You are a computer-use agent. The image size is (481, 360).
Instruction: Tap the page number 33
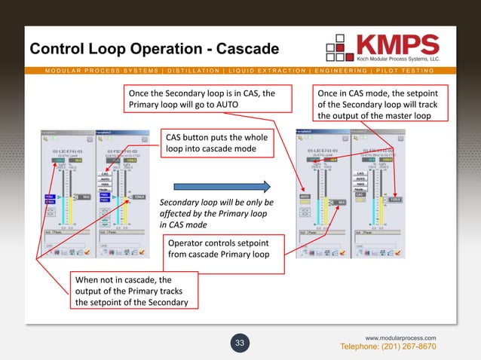click(x=240, y=343)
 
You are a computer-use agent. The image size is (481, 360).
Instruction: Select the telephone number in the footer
click(x=388, y=346)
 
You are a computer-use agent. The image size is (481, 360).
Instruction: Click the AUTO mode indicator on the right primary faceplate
click(x=305, y=197)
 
